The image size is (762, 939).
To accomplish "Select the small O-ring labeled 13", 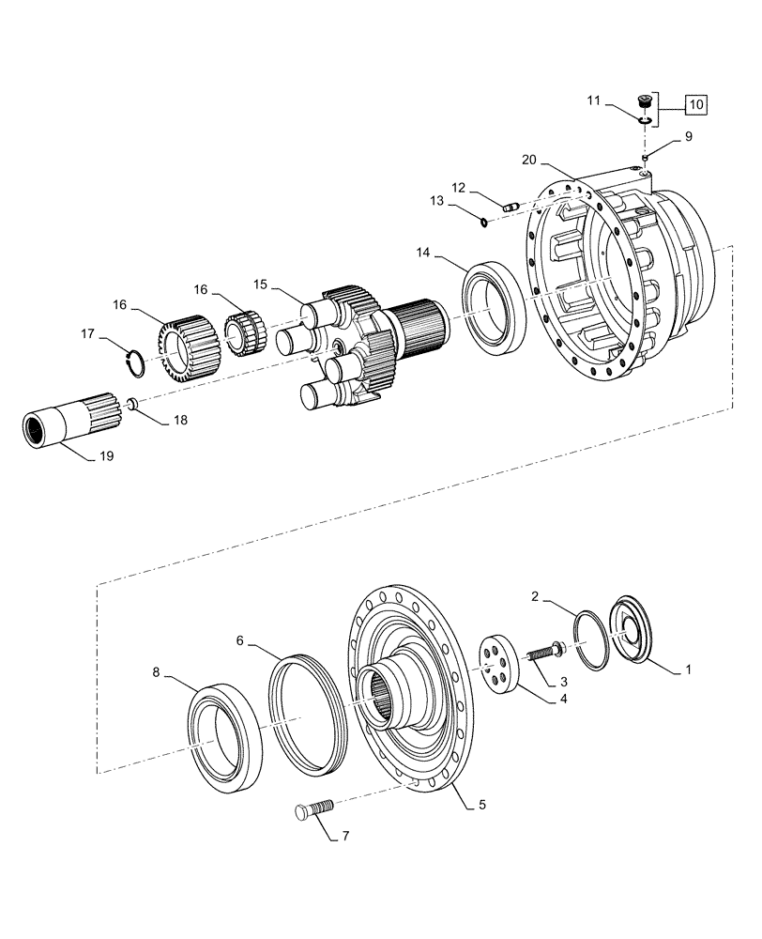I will [x=480, y=223].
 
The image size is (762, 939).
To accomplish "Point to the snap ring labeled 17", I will [x=133, y=362].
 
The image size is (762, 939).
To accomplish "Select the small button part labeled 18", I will [x=133, y=404].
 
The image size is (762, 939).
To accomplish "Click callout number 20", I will [x=530, y=161].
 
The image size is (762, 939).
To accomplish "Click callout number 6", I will [x=239, y=640].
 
